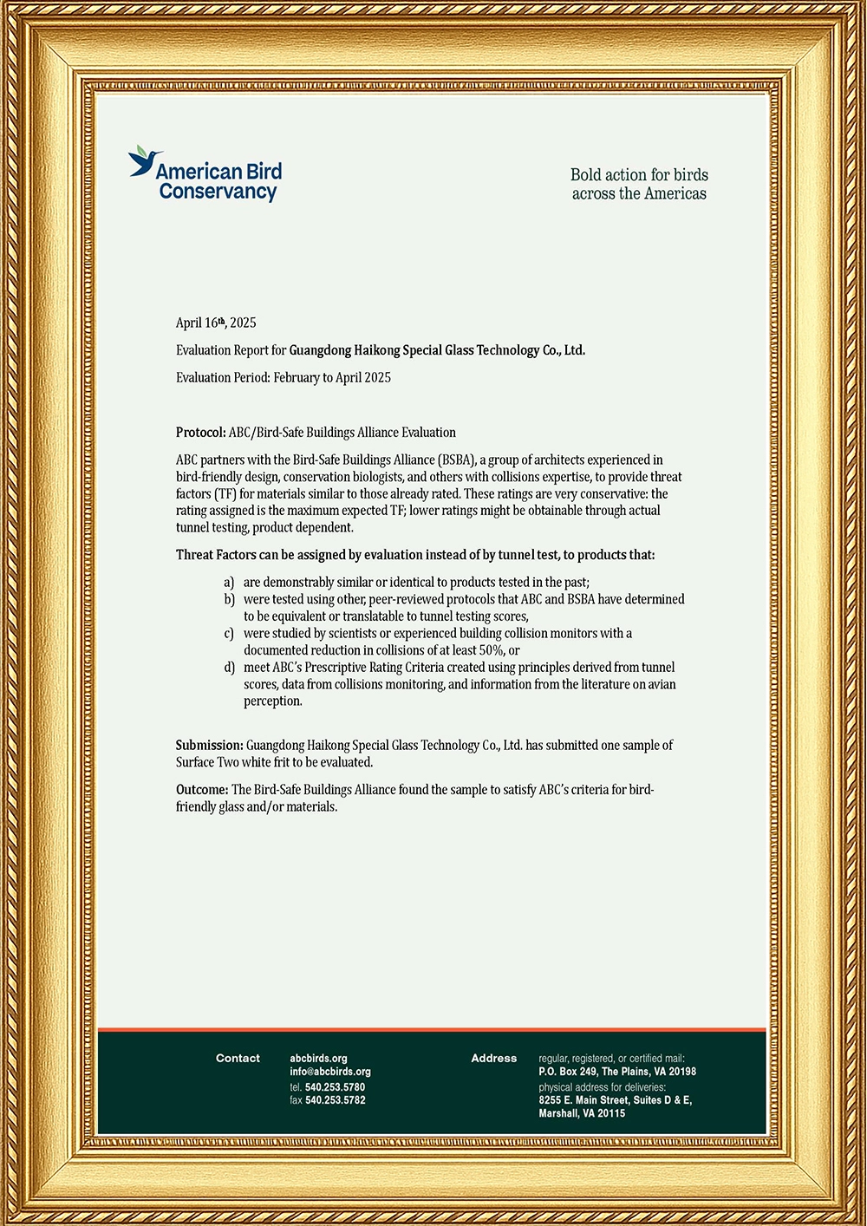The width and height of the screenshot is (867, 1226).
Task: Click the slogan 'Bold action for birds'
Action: tap(639, 174)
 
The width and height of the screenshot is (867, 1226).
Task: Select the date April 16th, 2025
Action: tap(216, 323)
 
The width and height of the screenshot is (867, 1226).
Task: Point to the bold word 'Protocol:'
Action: tap(201, 432)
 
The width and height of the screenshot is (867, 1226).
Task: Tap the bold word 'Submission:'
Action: tap(210, 745)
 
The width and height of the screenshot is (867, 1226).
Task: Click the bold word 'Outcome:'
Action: tap(202, 789)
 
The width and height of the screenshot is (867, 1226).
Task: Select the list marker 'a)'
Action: tap(229, 582)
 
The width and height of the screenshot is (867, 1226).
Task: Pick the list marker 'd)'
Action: tap(229, 667)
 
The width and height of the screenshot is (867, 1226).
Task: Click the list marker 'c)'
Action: tap(229, 633)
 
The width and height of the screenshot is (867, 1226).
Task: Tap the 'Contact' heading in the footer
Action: tap(238, 1058)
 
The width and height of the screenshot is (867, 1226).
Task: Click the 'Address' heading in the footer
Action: tap(493, 1058)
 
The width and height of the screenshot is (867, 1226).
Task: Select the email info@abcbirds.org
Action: tap(329, 1072)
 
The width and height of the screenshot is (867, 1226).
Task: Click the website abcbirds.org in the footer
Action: tap(318, 1058)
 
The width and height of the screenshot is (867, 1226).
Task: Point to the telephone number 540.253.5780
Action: tap(335, 1086)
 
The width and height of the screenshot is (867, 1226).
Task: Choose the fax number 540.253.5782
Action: tap(335, 1100)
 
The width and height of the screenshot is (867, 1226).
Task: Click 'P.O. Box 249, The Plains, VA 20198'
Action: tap(616, 1072)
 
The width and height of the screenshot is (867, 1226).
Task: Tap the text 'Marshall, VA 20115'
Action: tap(581, 1113)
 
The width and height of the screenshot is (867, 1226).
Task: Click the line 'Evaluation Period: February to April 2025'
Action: tap(283, 377)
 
